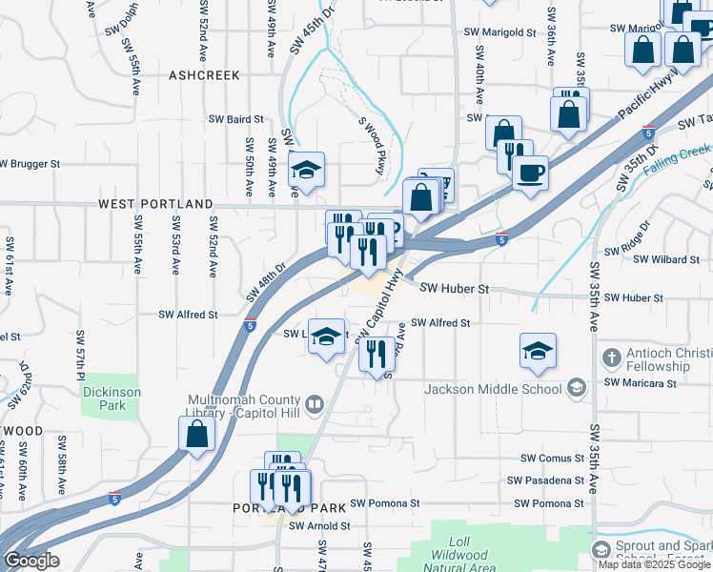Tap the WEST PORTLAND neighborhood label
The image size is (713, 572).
pyautogui.click(x=154, y=204)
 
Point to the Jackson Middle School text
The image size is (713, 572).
pyautogui.click(x=493, y=388)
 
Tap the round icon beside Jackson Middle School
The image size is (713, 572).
pyautogui.click(x=576, y=387)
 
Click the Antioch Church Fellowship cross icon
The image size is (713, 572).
pyautogui.click(x=611, y=358)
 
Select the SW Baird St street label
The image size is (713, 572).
pyautogui.click(x=236, y=119)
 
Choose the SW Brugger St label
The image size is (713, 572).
pyautogui.click(x=30, y=164)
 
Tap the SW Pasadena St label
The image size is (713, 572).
pyautogui.click(x=545, y=480)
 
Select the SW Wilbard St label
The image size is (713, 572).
pyautogui.click(x=668, y=259)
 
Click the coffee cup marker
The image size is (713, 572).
pyautogui.click(x=530, y=173)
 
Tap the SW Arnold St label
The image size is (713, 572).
pyautogui.click(x=319, y=525)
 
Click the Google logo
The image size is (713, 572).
pyautogui.click(x=31, y=561)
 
